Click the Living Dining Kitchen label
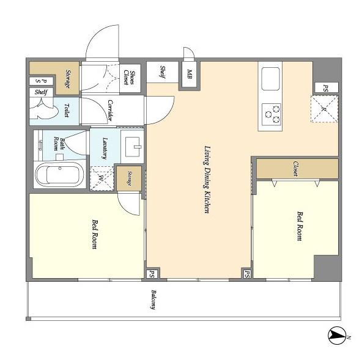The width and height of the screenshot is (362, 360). click(207, 180)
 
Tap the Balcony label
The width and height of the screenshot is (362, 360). click(153, 299)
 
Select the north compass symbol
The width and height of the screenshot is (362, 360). click(337, 334)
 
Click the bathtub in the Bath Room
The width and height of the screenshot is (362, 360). click(60, 174)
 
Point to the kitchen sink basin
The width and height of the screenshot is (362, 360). click(270, 79)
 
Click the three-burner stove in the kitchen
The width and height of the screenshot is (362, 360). click(271, 114)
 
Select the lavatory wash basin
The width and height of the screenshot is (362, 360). click(132, 147)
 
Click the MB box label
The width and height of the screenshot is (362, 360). click(190, 74)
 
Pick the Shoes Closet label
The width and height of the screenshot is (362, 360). click(130, 78)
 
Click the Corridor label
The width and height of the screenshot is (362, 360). click(110, 110)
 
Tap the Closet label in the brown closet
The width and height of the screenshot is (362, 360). click(295, 169)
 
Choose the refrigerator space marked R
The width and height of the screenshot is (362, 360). click(324, 109)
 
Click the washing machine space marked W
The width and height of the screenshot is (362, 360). click(102, 178)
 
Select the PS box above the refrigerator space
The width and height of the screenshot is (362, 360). click(327, 87)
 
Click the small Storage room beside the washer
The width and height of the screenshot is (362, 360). click(129, 178)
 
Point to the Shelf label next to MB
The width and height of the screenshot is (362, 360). click(163, 72)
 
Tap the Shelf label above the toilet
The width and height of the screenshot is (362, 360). click(41, 92)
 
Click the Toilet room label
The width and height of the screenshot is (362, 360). click(67, 110)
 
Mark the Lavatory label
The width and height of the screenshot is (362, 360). click(105, 148)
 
